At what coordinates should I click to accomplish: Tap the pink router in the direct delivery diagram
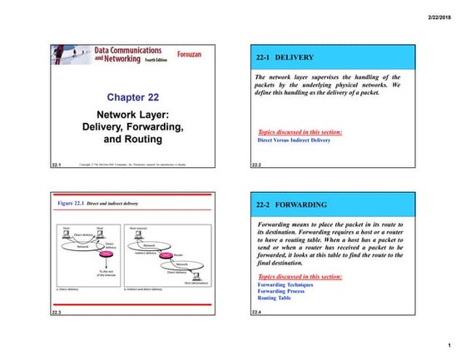pos(106,254)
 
